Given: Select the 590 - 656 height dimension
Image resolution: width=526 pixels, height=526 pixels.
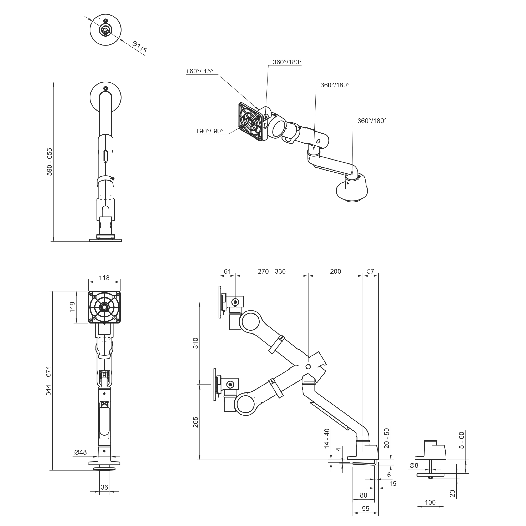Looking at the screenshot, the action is [50, 162].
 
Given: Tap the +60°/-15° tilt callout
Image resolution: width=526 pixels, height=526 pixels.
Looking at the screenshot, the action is [200, 71].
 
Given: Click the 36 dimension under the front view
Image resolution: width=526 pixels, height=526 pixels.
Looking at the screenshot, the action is [104, 487].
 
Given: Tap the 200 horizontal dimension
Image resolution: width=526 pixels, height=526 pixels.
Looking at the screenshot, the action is [335, 271].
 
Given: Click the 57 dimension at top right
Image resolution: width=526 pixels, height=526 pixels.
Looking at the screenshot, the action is [371, 271].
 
